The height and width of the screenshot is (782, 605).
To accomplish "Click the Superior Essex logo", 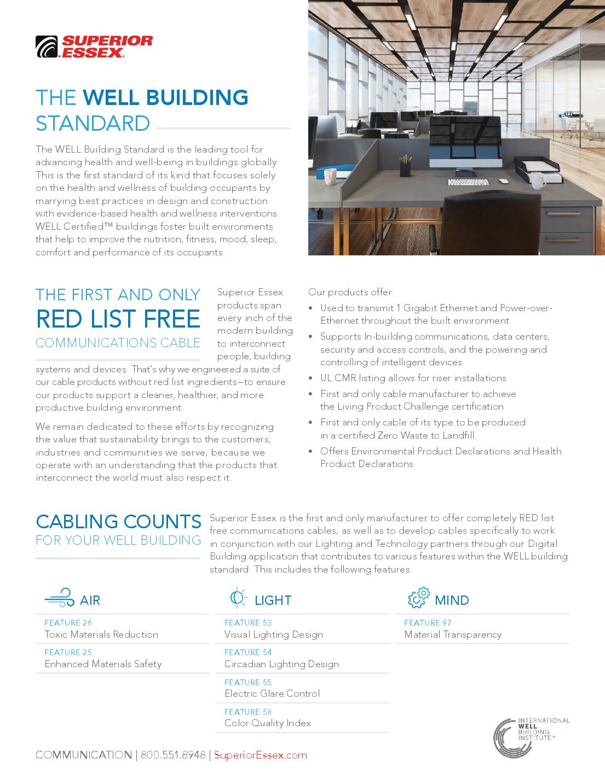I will [x=94, y=47].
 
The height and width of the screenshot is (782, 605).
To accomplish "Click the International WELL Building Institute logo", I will [x=531, y=737].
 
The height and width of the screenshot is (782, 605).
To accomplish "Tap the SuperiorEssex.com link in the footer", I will [x=260, y=755].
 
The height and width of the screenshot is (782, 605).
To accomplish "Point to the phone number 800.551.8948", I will [x=173, y=755].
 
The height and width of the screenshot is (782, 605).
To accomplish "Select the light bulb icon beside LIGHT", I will [x=238, y=598].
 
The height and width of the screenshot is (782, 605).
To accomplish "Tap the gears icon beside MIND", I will [x=419, y=598].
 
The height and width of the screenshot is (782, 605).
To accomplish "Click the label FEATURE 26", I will [x=68, y=623].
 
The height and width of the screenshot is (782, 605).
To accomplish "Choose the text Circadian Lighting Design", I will [x=281, y=664].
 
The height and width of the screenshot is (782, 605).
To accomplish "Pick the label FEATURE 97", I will [x=428, y=623].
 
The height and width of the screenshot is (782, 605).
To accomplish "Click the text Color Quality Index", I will [x=267, y=723].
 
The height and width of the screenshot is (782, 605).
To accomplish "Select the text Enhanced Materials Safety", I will [x=103, y=664].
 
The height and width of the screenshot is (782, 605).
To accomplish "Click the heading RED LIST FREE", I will [x=118, y=319].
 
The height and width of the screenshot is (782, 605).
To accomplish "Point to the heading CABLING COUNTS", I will [x=118, y=521].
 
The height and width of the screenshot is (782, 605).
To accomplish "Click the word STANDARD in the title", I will [x=93, y=124].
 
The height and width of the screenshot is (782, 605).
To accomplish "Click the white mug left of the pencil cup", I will [x=330, y=176].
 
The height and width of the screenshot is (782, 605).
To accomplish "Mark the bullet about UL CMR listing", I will [x=413, y=378].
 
